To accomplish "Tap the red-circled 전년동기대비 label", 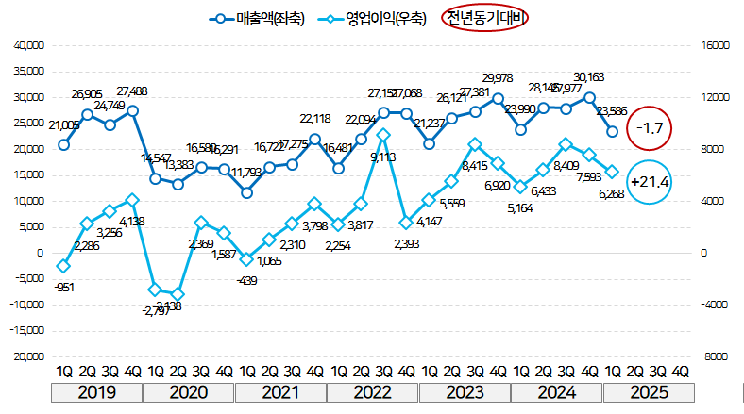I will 486,18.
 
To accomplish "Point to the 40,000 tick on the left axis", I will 27,45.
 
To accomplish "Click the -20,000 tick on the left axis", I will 25,356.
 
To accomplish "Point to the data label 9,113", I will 382,157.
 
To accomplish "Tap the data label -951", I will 64,287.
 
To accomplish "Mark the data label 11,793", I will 247,173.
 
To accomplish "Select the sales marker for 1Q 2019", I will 63,144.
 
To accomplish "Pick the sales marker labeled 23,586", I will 612,132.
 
